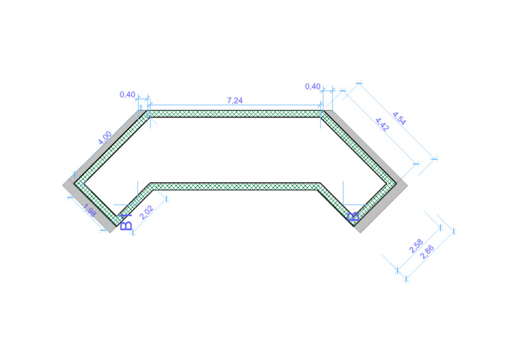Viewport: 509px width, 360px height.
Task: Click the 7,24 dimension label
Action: click(235, 100)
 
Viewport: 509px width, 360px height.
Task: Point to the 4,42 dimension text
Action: click(382, 124)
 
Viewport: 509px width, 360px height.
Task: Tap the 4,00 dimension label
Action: click(105, 139)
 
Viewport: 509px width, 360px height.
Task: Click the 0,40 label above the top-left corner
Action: click(127, 94)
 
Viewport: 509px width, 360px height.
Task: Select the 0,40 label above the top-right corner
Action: click(312, 86)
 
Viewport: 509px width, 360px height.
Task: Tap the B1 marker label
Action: click(127, 221)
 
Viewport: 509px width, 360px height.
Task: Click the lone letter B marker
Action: click(353, 216)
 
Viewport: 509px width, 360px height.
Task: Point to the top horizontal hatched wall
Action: click(235, 114)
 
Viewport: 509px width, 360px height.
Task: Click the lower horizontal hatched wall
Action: click(235, 186)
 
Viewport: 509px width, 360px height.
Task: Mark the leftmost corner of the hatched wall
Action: click(75, 182)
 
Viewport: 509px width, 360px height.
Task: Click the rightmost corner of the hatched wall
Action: click(396, 182)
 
